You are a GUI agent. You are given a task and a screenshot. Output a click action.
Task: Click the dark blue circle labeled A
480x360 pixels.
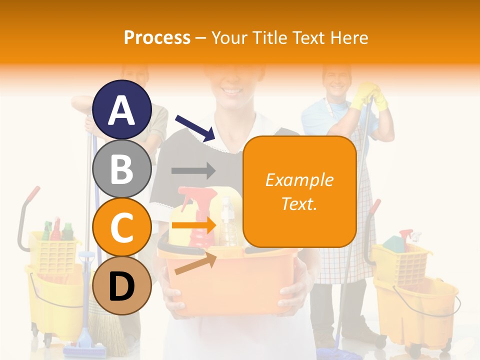tap(122, 109)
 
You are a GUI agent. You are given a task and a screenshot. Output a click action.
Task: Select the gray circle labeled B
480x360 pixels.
tap(122, 168)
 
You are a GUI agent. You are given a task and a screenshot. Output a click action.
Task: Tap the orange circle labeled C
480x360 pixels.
tap(122, 227)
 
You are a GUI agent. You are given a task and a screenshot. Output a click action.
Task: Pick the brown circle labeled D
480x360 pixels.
tap(122, 286)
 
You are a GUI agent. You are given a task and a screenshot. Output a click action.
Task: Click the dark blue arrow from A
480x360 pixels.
tap(195, 128)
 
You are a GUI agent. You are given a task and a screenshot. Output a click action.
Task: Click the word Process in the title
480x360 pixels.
tap(157, 37)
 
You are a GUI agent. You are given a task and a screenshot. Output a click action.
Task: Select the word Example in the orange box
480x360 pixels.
tap(299, 180)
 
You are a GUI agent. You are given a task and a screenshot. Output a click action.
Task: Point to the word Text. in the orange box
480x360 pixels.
tap(299, 203)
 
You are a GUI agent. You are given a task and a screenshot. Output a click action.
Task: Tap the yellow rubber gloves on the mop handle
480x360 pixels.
tap(369, 96)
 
